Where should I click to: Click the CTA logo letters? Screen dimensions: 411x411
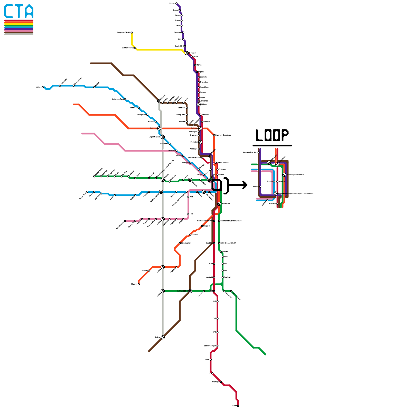click(x=19, y=11)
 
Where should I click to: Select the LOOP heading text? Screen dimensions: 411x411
click(x=272, y=135)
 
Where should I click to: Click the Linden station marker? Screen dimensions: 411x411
click(x=176, y=3)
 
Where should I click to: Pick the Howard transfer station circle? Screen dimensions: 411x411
click(x=187, y=53)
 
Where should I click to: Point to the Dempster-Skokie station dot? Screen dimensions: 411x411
click(x=132, y=33)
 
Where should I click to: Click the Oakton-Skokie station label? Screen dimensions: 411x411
click(x=128, y=48)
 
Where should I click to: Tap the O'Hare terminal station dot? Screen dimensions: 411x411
click(x=43, y=87)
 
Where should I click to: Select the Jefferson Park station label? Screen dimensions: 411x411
click(x=118, y=99)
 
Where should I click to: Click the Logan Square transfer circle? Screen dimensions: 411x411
click(x=163, y=137)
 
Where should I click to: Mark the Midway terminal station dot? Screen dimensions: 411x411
click(x=139, y=284)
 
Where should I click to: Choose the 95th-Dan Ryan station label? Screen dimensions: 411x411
click(x=210, y=346)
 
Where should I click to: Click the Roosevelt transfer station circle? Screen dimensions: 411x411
click(x=219, y=204)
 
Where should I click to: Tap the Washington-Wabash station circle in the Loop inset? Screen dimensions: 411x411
click(x=284, y=175)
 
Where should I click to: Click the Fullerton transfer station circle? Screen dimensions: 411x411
click(x=200, y=142)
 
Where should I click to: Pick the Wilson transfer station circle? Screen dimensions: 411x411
click(x=199, y=105)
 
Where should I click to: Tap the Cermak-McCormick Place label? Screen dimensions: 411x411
click(x=231, y=221)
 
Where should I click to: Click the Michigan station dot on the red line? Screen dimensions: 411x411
click(x=221, y=382)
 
